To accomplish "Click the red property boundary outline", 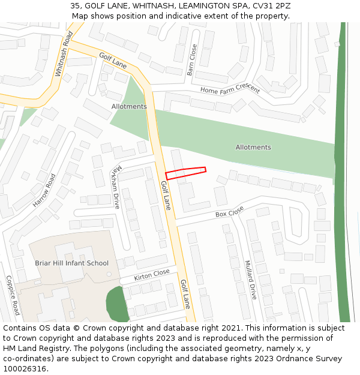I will (185, 173).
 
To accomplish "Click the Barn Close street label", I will (193, 59).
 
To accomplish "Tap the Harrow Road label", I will (44, 191).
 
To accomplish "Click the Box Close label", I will (230, 212).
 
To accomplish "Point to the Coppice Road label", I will (13, 295).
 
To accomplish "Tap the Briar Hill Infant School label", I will (71, 263).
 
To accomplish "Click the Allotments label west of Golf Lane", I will (129, 106).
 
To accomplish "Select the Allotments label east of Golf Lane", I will (253, 147).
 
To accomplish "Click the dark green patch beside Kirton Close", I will (118, 304).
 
